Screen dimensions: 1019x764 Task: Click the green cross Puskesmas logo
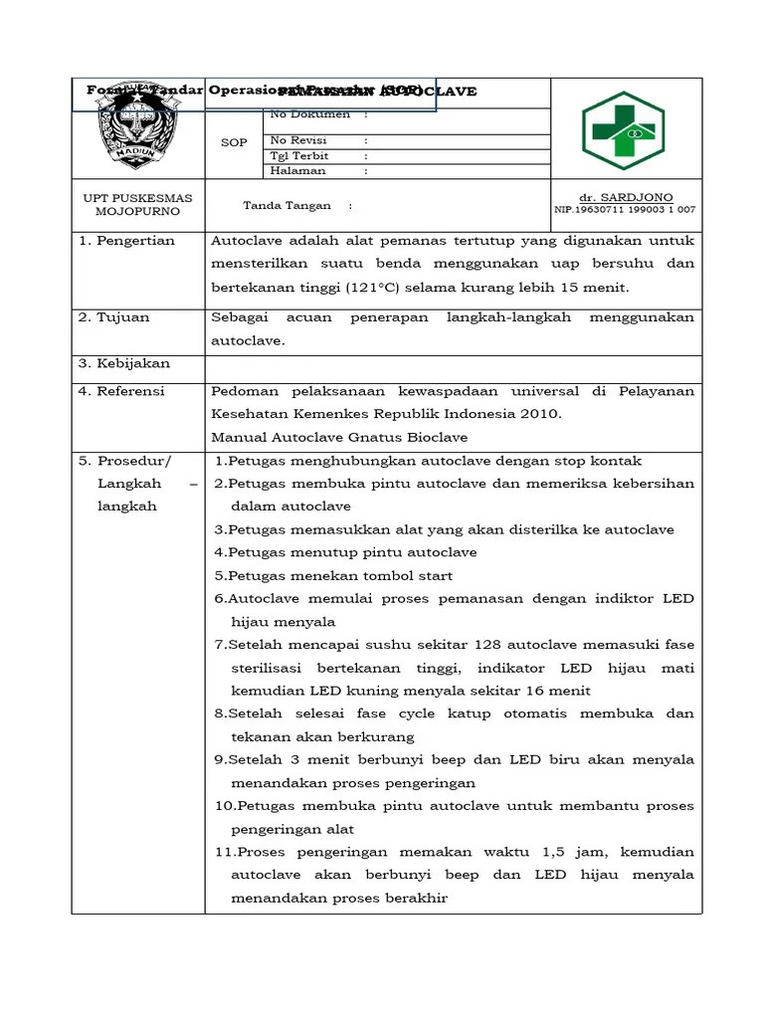623,130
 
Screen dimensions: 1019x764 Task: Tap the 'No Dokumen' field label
310,113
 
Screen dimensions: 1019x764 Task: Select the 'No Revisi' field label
298,141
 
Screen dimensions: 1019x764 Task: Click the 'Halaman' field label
297,171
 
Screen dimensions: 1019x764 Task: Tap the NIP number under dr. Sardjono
625,210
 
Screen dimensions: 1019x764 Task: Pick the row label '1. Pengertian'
126,241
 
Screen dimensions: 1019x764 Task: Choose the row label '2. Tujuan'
114,317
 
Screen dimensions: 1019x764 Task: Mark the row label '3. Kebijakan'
124,364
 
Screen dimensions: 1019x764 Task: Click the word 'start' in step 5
436,575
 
